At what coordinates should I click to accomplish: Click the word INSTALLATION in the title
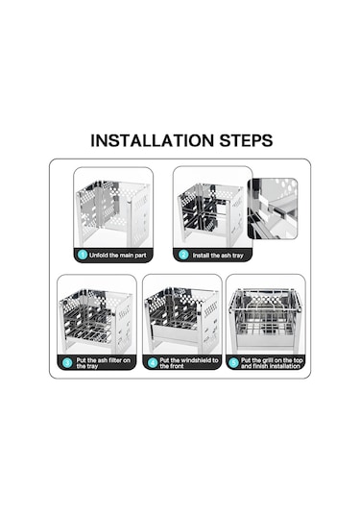click(152, 140)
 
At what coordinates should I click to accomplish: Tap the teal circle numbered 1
click(83, 255)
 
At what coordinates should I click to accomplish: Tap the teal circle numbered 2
click(183, 255)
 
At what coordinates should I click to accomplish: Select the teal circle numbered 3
click(67, 363)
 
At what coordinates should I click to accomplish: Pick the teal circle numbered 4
click(153, 363)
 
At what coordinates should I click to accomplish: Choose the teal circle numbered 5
click(233, 363)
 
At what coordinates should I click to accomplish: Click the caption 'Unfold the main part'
click(118, 255)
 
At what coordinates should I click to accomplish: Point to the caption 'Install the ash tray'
click(218, 256)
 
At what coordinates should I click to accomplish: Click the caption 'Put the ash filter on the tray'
click(103, 363)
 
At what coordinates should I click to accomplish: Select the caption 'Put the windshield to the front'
click(189, 363)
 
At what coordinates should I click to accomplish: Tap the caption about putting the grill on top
click(272, 363)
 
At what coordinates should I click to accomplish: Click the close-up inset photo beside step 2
click(273, 208)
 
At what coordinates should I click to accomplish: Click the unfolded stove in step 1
click(113, 213)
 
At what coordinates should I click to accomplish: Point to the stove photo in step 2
click(210, 214)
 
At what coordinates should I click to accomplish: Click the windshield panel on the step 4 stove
click(177, 332)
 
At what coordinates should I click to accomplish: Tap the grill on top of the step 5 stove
click(265, 299)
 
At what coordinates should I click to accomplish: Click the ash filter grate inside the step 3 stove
click(91, 325)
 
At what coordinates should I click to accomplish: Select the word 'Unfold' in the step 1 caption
click(98, 255)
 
